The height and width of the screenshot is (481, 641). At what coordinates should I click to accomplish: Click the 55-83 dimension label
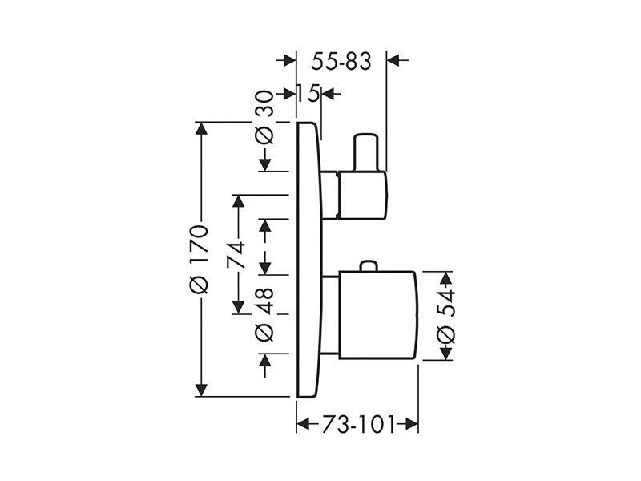pyautogui.click(x=341, y=62)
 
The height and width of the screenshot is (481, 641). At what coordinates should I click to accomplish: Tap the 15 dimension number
pyautogui.click(x=308, y=95)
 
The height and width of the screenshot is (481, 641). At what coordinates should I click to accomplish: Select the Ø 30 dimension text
pyautogui.click(x=264, y=117)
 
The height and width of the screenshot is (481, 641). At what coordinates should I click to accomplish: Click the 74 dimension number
pyautogui.click(x=236, y=254)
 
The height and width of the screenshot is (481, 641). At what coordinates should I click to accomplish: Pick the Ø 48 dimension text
pyautogui.click(x=264, y=314)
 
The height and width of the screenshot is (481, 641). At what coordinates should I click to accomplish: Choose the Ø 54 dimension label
pyautogui.click(x=445, y=315)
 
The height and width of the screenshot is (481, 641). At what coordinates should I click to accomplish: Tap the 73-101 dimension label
pyautogui.click(x=358, y=425)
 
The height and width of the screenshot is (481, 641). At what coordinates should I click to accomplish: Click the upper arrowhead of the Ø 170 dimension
pyautogui.click(x=201, y=128)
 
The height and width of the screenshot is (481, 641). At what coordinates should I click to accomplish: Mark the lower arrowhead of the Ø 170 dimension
pyautogui.click(x=201, y=390)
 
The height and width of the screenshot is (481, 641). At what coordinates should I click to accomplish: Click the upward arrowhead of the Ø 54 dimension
pyautogui.click(x=445, y=278)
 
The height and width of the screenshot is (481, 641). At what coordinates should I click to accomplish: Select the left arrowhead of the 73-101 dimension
pyautogui.click(x=303, y=424)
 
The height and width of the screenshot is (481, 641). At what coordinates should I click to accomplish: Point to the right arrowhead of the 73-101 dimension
pyautogui.click(x=412, y=424)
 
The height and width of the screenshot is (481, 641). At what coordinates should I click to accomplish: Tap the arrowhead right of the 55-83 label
pyautogui.click(x=393, y=61)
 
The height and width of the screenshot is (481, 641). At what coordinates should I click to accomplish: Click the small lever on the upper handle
pyautogui.click(x=365, y=152)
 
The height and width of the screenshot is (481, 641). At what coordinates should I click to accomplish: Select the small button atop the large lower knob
pyautogui.click(x=369, y=265)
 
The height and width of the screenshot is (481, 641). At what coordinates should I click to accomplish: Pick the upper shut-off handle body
pyautogui.click(x=362, y=195)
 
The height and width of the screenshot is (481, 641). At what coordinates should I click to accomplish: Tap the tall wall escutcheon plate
pyautogui.click(x=308, y=259)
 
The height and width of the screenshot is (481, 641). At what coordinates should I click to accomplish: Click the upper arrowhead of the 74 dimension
pyautogui.click(x=238, y=201)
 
